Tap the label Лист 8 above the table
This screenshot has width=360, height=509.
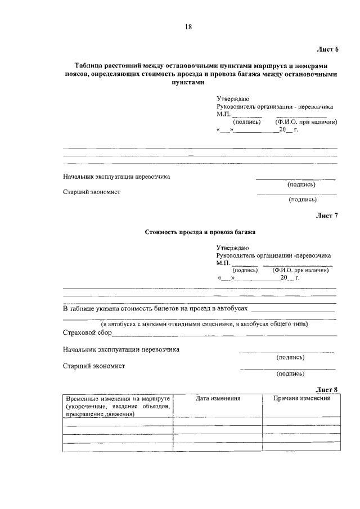pyautogui.click(x=326, y=389)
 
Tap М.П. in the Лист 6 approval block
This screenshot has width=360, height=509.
pyautogui.click(x=224, y=113)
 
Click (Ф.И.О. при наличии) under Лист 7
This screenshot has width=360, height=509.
pyautogui.click(x=301, y=270)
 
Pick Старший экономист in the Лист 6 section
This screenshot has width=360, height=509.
pyautogui.click(x=92, y=192)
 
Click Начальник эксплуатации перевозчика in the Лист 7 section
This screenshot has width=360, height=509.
pyautogui.click(x=122, y=349)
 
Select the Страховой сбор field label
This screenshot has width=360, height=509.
pyautogui.click(x=87, y=333)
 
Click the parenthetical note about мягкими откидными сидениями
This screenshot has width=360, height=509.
pyautogui.click(x=204, y=324)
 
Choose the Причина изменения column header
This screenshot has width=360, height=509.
pyautogui.click(x=301, y=398)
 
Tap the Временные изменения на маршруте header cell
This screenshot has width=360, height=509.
pyautogui.click(x=118, y=406)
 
